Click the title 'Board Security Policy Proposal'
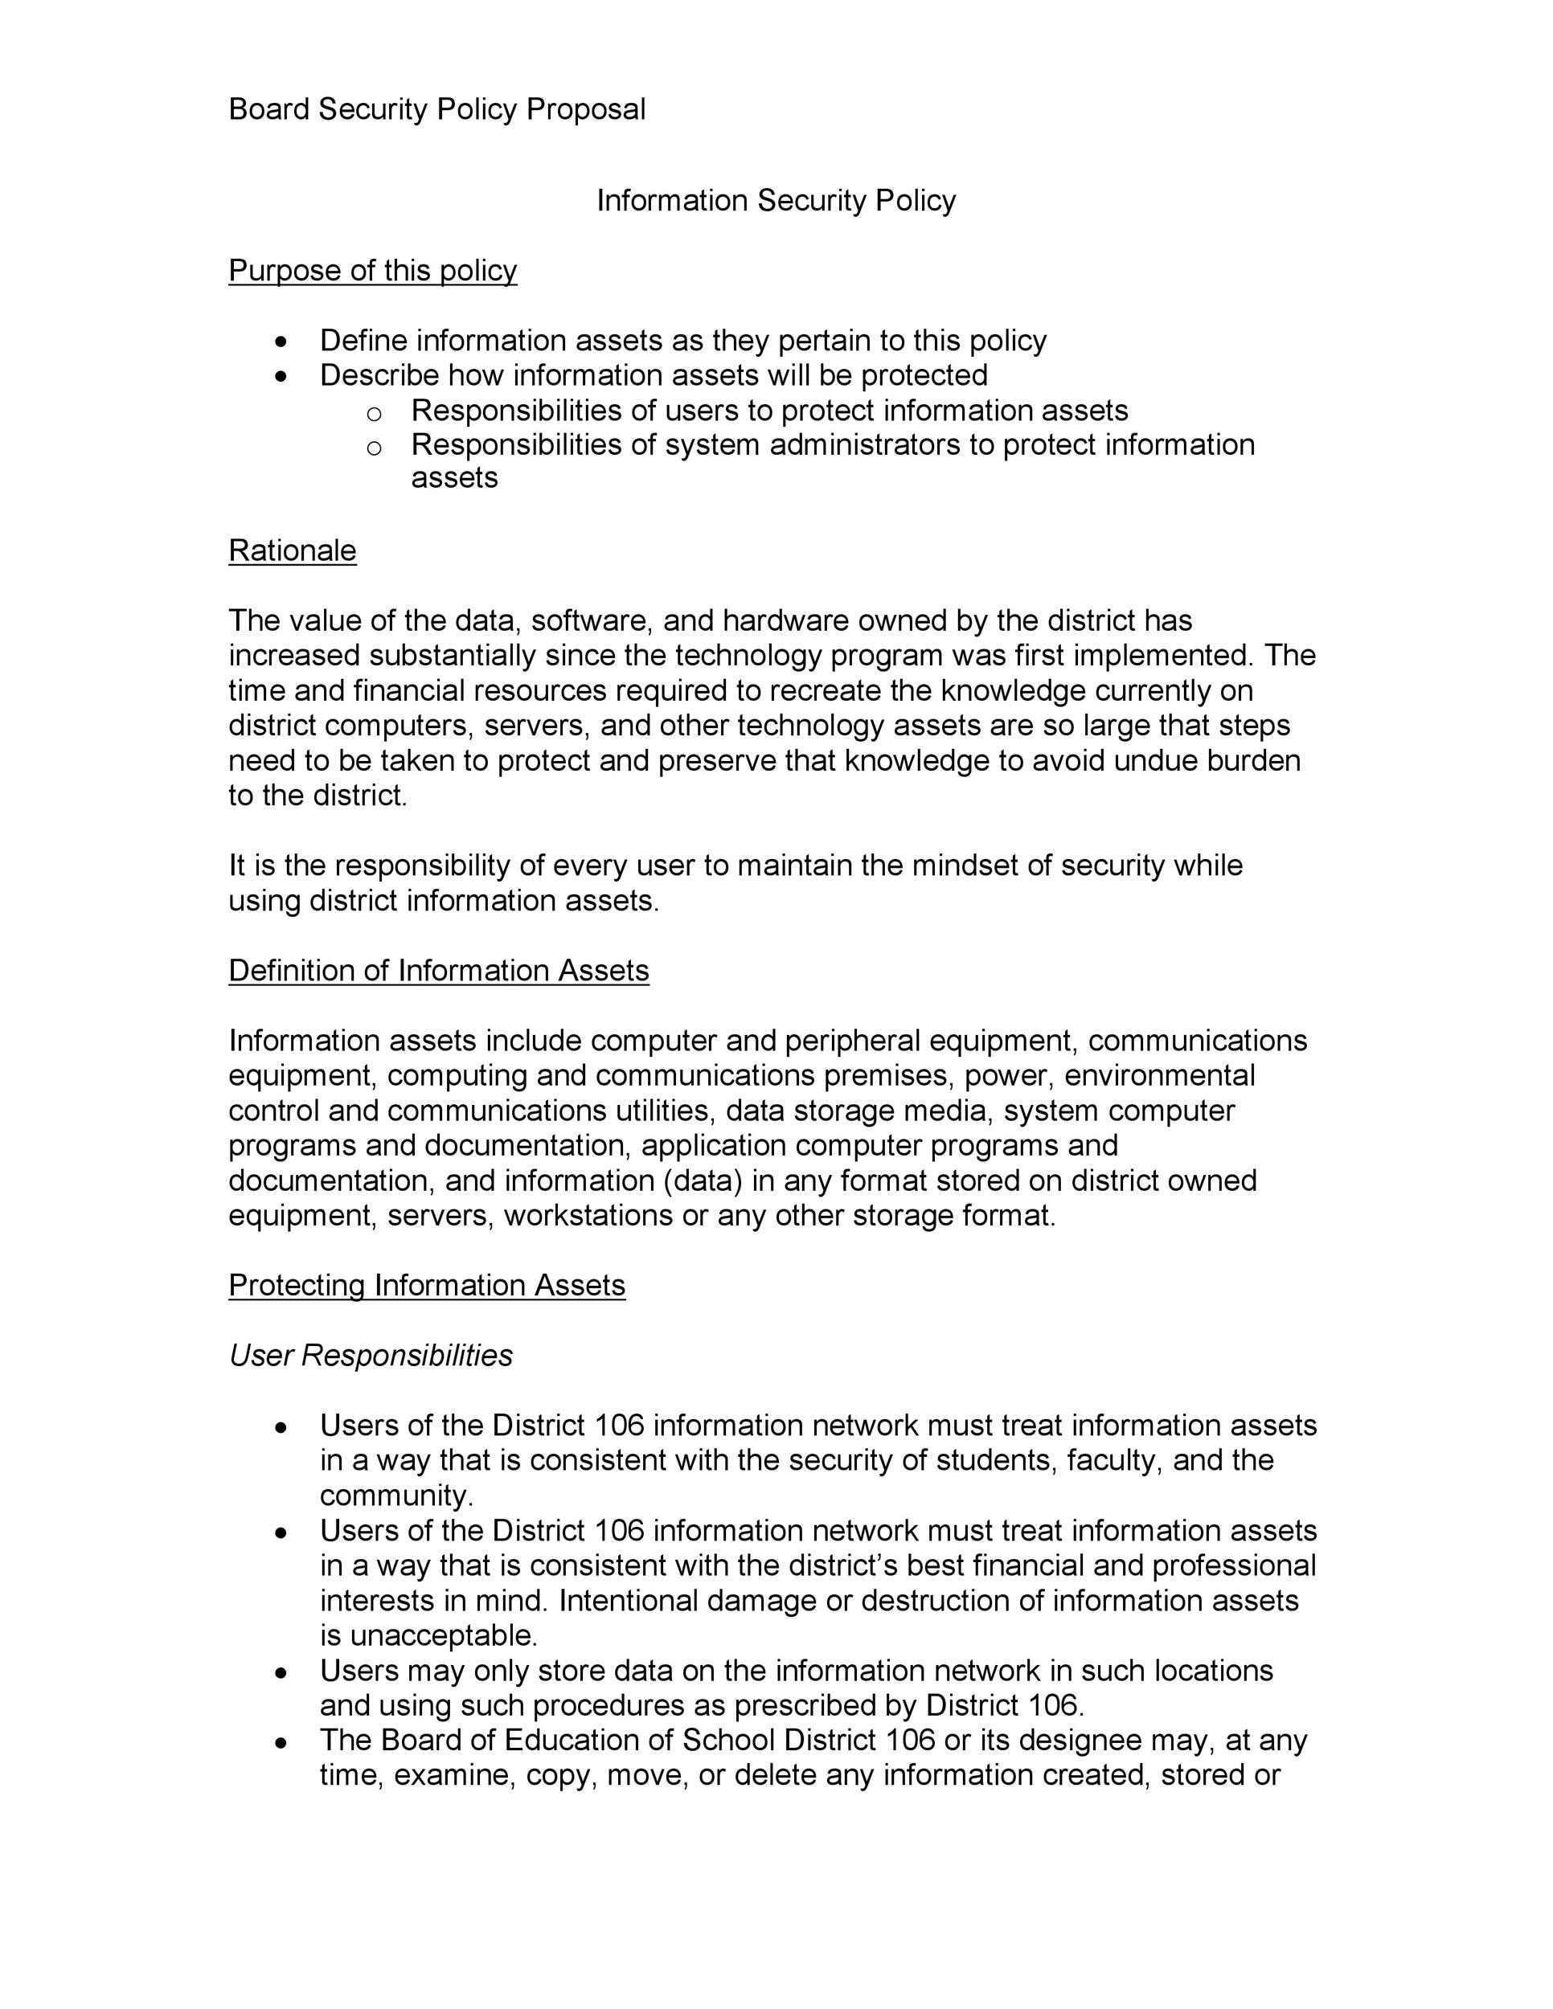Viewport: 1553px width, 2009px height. [x=436, y=109]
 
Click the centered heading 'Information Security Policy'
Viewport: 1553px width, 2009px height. [x=776, y=201]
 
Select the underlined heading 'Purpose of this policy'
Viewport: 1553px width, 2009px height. [x=373, y=271]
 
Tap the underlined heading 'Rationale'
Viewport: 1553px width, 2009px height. [x=292, y=550]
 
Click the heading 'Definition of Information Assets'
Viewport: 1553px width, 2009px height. [x=438, y=971]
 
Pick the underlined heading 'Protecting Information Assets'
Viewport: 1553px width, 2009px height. [x=426, y=1285]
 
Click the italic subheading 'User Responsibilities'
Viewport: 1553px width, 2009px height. [x=370, y=1355]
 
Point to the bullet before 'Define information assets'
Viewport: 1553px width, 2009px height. [x=281, y=342]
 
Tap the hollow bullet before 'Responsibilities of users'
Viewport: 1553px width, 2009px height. [x=374, y=413]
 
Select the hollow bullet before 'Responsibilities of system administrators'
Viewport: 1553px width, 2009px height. [x=374, y=448]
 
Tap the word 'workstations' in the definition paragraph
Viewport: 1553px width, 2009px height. [x=589, y=1215]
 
